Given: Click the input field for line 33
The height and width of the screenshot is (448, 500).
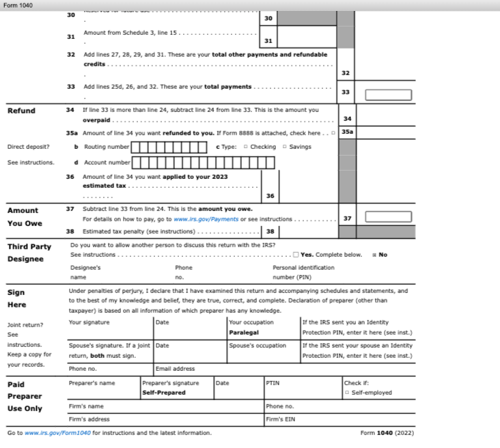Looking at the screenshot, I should click(388, 95).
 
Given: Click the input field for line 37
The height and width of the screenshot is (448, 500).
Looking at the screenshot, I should click(388, 216).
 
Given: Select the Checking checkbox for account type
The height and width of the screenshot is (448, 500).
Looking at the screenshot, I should click(245, 147).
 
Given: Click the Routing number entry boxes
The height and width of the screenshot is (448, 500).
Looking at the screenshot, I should click(169, 147).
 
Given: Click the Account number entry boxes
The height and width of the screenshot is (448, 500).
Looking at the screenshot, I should click(203, 163).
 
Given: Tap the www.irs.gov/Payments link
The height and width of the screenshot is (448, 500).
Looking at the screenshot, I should click(206, 219).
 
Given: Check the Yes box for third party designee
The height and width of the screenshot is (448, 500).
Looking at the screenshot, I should click(295, 255).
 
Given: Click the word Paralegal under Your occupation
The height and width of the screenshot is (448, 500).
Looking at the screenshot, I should click(244, 333).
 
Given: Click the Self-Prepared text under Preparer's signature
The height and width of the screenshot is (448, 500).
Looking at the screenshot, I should click(163, 393).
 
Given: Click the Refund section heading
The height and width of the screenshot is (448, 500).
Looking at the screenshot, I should click(21, 111).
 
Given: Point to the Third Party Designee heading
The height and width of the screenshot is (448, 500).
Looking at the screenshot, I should click(29, 253).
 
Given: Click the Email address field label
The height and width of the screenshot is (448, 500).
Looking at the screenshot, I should click(175, 369).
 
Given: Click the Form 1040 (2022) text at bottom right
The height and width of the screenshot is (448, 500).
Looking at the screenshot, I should click(387, 433).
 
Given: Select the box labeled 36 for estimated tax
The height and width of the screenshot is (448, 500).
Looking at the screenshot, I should click(270, 196).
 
